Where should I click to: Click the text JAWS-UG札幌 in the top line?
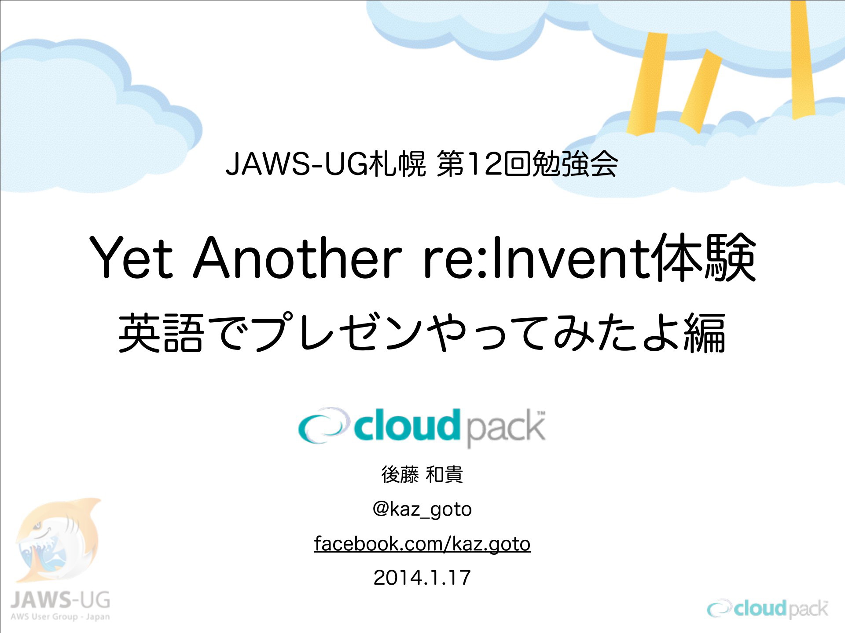[326, 164]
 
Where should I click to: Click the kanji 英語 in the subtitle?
[161, 333]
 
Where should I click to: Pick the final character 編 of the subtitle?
[705, 333]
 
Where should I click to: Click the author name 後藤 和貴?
[422, 475]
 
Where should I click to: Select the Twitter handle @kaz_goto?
[422, 509]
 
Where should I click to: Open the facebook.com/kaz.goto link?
[422, 544]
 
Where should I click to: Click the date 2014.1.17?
[422, 578]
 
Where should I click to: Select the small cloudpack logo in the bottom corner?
[768, 609]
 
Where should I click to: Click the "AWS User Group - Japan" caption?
[60, 617]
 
